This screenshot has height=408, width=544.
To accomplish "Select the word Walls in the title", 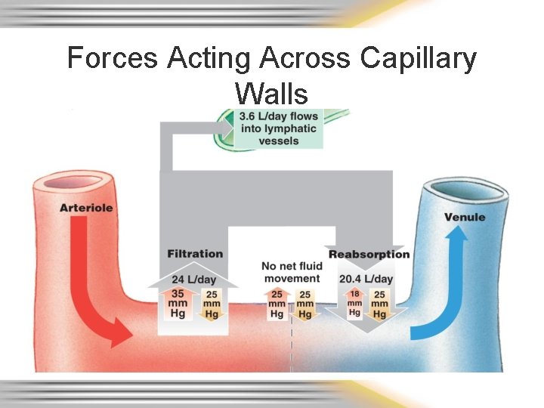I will coord(271,94).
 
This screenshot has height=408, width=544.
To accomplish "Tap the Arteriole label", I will coord(87,207).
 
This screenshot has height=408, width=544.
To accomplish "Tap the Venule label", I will coord(465,217).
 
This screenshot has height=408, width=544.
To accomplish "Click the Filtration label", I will coord(195,254).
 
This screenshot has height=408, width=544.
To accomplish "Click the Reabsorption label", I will coord(369,254).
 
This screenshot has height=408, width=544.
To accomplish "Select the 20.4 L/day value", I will coord(366,279).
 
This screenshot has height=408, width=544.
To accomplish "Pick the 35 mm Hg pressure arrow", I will coord(178,302).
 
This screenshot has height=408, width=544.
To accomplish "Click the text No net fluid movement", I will coord(291,272).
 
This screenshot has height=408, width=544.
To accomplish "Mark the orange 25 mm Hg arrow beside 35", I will coord(212,304).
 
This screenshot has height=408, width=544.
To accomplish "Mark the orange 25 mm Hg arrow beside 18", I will coord(379,304).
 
